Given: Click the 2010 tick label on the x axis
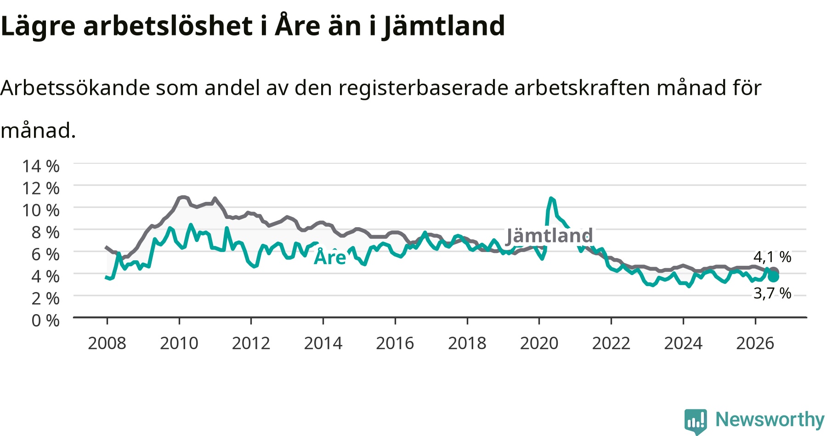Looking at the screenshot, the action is pyautogui.click(x=179, y=343).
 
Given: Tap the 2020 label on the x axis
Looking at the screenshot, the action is pyautogui.click(x=539, y=343).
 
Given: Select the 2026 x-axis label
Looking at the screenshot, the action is pyautogui.click(x=755, y=343).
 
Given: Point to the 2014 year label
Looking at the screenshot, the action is pyautogui.click(x=323, y=343).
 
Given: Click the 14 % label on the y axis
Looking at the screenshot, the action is pyautogui.click(x=41, y=166).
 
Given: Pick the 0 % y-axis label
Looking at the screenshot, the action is pyautogui.click(x=45, y=321).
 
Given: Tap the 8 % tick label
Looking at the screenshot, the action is pyautogui.click(x=45, y=232).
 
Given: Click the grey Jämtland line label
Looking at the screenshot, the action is pyautogui.click(x=549, y=235).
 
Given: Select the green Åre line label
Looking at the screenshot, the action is pyautogui.click(x=330, y=257).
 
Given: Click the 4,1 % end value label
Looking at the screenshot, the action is pyautogui.click(x=772, y=257).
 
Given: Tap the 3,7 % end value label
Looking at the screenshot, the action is pyautogui.click(x=772, y=293).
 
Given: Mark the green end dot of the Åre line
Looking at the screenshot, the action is pyautogui.click(x=774, y=276).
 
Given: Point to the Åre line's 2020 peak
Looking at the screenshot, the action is pyautogui.click(x=551, y=198).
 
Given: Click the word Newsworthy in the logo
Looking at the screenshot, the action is pyautogui.click(x=770, y=419).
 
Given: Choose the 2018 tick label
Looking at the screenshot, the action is pyautogui.click(x=467, y=343).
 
